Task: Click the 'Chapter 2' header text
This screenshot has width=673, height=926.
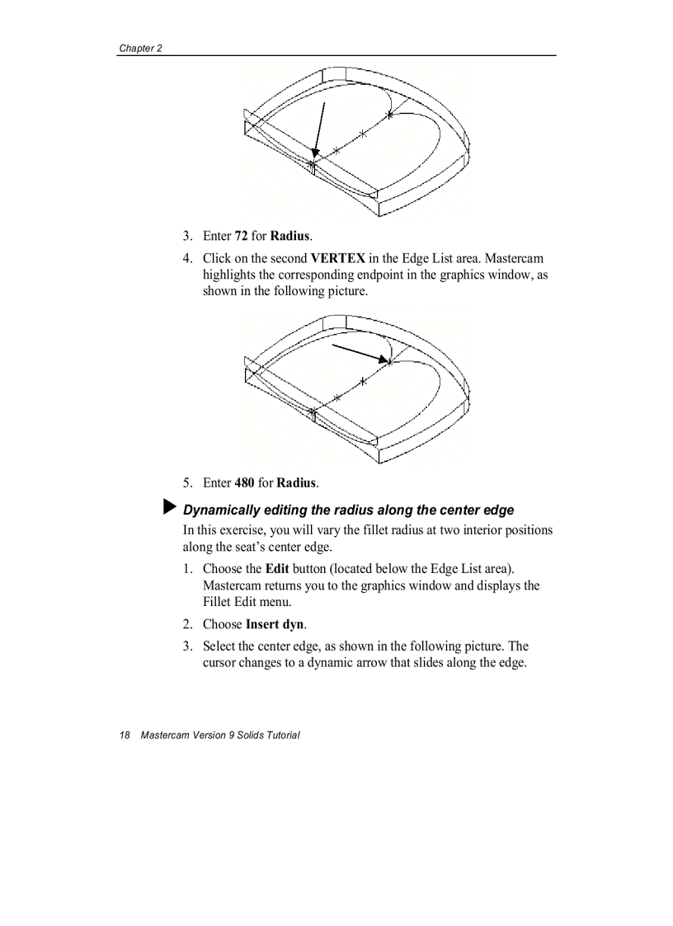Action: [x=140, y=48]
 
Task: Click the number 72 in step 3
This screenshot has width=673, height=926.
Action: [x=242, y=237]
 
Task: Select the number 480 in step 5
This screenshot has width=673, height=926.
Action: [x=245, y=482]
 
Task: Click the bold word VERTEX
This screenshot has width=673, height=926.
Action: [x=338, y=259]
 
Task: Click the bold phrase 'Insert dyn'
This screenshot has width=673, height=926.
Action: [x=275, y=624]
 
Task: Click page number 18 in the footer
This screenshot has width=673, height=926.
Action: [x=125, y=735]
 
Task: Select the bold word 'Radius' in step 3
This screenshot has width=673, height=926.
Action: [x=291, y=237]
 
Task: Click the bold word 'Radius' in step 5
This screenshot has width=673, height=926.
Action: [x=297, y=482]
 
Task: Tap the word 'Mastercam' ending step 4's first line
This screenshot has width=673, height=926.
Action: [x=514, y=259]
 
